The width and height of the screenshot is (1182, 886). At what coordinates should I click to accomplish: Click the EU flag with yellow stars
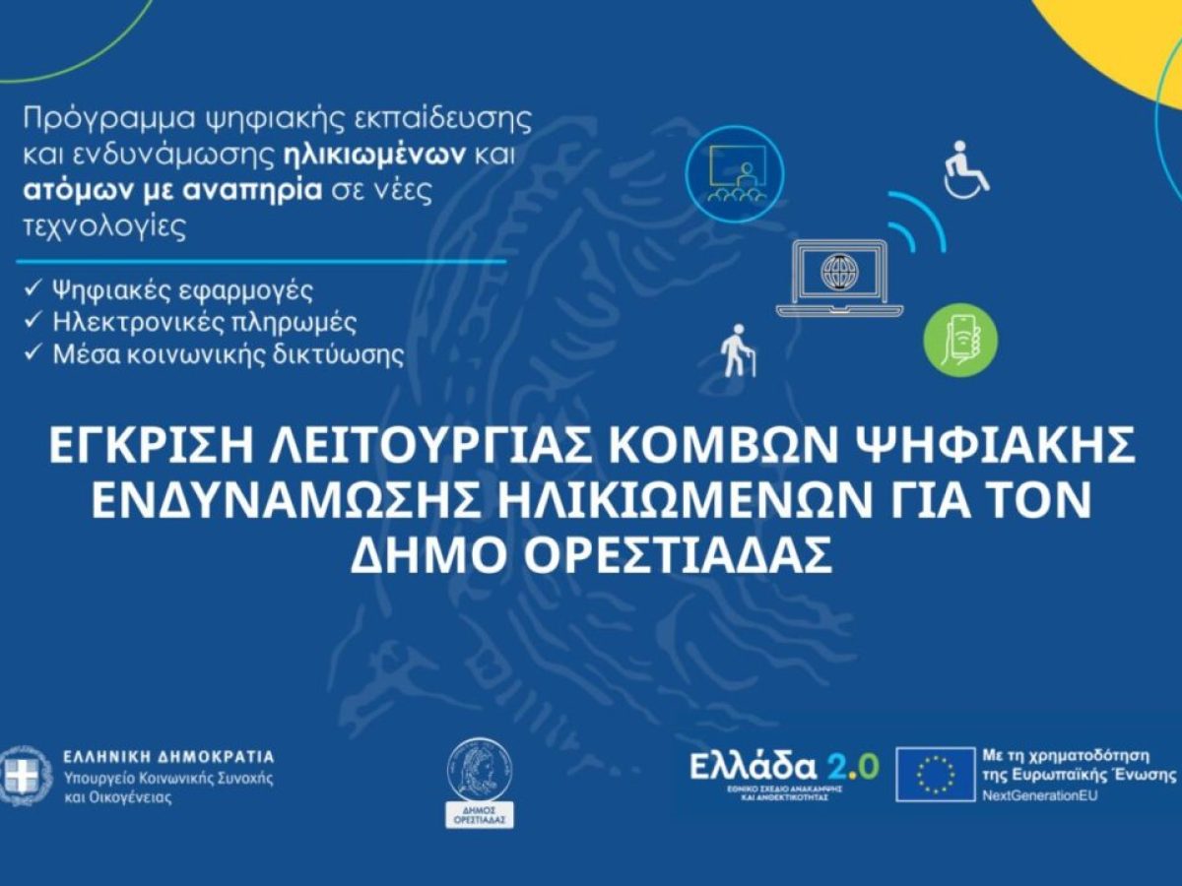click(935, 774)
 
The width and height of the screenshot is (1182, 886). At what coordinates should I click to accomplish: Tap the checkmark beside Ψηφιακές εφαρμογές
click(33, 290)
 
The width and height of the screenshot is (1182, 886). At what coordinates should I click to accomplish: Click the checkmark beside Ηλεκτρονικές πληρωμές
click(33, 322)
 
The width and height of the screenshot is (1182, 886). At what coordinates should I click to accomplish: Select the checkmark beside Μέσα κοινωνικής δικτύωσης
click(33, 354)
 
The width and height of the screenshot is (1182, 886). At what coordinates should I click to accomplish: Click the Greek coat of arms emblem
click(22, 777)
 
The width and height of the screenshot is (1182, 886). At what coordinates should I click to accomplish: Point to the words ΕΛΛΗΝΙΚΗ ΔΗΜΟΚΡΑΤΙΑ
click(168, 757)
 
